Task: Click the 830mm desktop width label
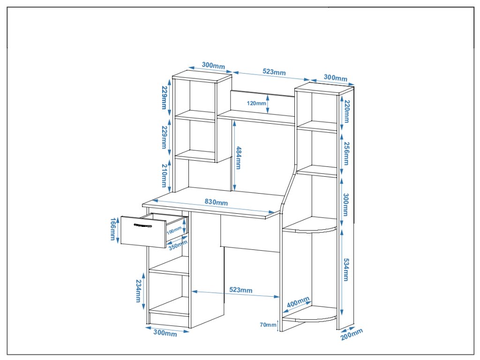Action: click(x=216, y=202)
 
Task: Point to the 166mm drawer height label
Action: click(x=113, y=229)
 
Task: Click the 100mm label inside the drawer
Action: click(x=174, y=231)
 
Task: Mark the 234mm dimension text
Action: click(x=139, y=291)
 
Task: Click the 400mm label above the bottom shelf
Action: click(x=298, y=302)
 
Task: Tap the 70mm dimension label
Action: click(x=268, y=324)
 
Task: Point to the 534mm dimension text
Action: click(x=346, y=270)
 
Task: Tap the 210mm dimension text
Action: click(x=164, y=175)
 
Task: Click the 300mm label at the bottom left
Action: click(x=165, y=333)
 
